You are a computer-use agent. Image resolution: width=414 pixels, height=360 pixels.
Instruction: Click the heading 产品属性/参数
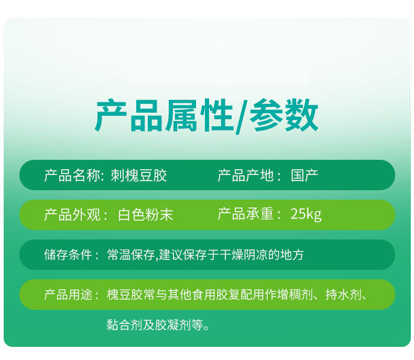pos(206,116)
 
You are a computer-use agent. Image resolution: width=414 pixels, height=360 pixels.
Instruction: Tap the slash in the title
pos(242,116)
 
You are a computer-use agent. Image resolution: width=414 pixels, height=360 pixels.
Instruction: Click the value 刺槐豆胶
pos(139,175)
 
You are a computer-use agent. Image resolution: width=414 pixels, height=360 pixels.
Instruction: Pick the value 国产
pos(304,175)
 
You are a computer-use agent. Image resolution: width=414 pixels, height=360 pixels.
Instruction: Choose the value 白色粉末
pos(146,214)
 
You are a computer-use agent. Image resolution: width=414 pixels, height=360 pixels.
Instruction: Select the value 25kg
pos(306,214)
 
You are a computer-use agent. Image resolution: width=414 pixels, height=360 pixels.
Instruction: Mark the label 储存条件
pos(68,255)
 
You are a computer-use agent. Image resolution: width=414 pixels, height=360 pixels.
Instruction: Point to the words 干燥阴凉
pos(244,255)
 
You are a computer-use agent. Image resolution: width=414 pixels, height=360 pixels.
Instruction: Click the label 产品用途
pos(68,294)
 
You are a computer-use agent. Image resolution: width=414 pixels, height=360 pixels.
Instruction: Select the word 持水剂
pos(343,294)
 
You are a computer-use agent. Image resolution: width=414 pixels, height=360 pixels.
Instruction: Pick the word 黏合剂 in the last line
pos(125,325)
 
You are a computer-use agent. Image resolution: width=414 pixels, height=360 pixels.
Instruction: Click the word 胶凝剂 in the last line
pos(173,325)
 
